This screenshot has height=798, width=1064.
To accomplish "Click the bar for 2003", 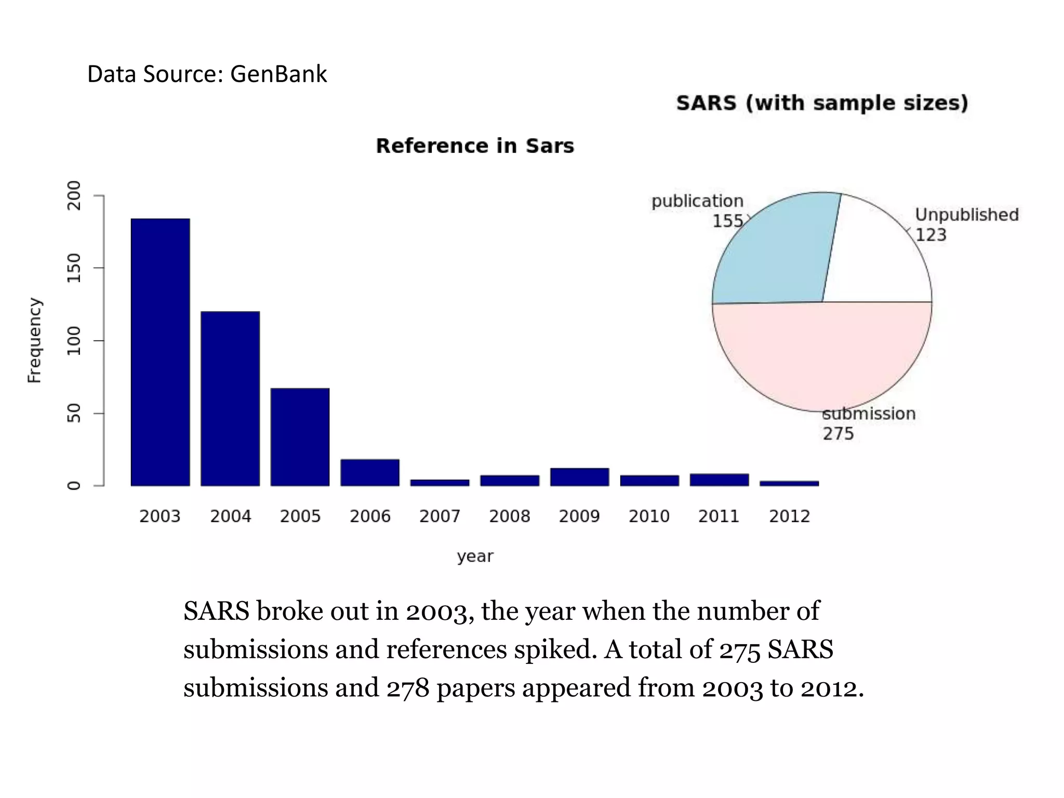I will pos(160,352).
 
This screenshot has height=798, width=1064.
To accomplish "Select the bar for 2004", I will pos(230,398).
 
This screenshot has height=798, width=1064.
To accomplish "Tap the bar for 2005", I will pos(300,437).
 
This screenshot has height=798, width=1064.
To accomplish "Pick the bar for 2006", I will pos(370,472).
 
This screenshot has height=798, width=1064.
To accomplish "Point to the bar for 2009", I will pos(579,477).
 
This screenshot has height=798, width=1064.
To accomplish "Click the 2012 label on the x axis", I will pos(789,516).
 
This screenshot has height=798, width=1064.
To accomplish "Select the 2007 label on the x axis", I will pos(440,516).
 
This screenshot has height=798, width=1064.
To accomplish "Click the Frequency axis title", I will pos(34,340).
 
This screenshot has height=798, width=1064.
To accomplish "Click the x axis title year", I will pos(475,556).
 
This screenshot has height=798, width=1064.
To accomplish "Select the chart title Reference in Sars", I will pos(475,146).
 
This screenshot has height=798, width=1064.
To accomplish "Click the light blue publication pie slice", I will pos(774,249).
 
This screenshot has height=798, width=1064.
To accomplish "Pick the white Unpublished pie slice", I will pos(878,255).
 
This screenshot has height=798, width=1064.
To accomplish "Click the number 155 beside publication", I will pos(728,221).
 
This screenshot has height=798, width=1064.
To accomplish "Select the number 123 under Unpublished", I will pos(930,235).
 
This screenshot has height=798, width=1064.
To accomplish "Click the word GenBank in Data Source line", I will pos(278,74).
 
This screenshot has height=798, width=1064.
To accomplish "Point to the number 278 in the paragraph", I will pos(408,688).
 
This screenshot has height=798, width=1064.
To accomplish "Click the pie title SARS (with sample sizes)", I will pos(822,103).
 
